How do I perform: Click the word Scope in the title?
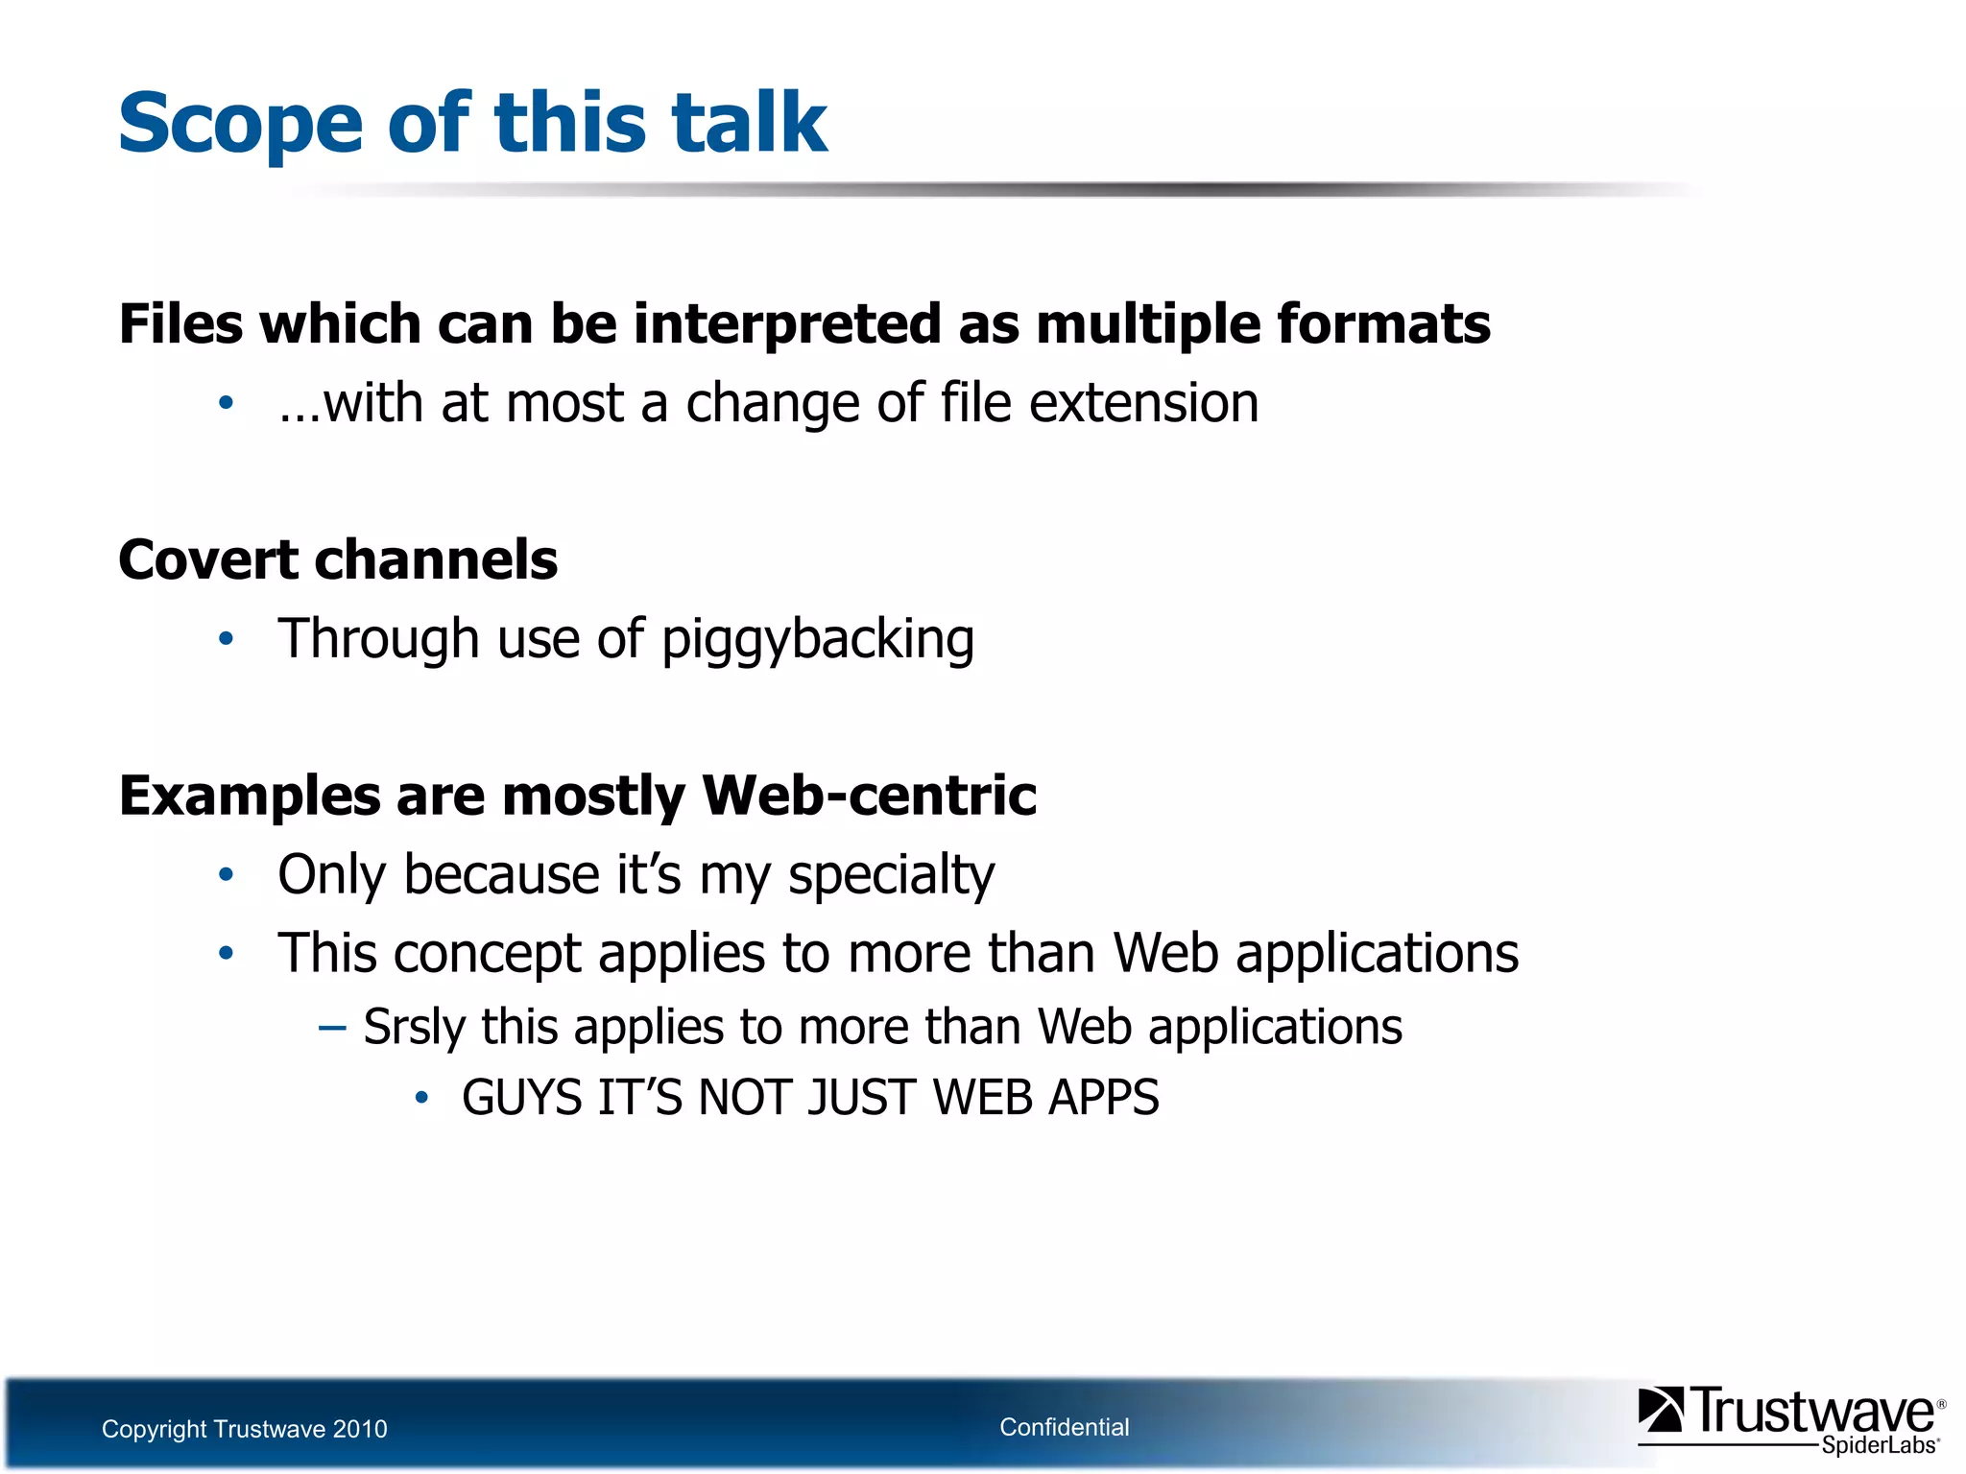click(240, 125)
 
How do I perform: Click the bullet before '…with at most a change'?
click(226, 403)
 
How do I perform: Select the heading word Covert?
click(206, 560)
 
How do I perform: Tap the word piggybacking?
click(817, 640)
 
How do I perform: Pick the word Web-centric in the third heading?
click(869, 796)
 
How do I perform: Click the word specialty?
click(891, 876)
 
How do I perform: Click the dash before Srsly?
click(332, 1028)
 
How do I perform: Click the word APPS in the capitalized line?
click(1103, 1098)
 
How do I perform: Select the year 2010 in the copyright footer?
click(359, 1430)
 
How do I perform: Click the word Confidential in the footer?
click(1064, 1428)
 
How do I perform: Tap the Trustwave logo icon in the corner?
click(1660, 1410)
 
